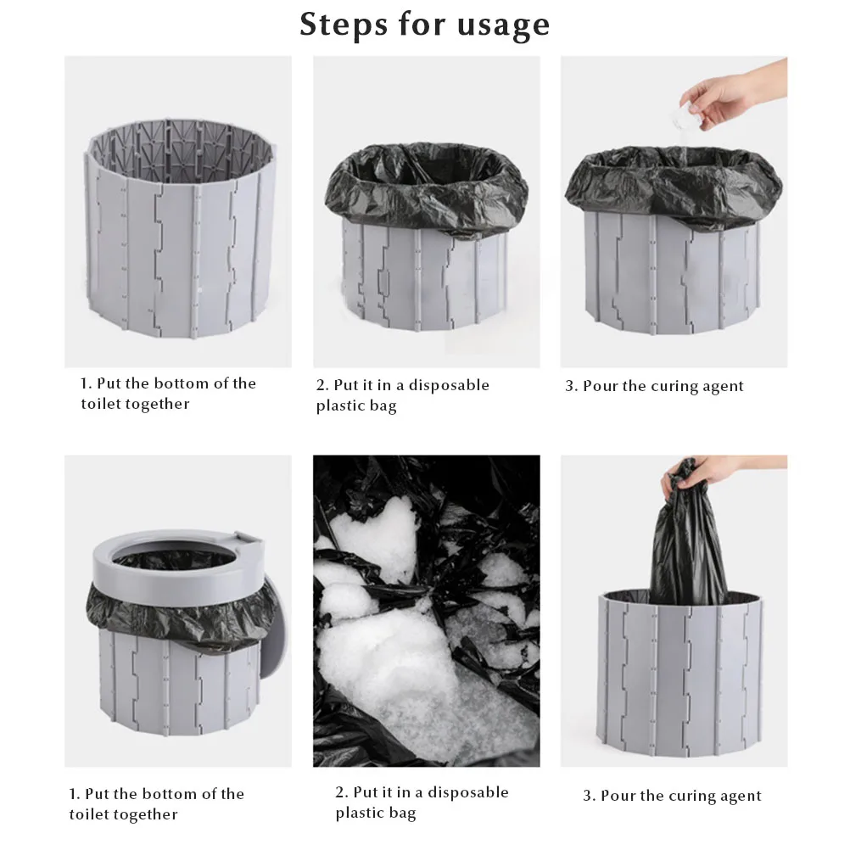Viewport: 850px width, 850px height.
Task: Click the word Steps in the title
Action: [x=344, y=25]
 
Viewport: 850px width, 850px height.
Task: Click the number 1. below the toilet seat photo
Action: [x=75, y=794]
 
